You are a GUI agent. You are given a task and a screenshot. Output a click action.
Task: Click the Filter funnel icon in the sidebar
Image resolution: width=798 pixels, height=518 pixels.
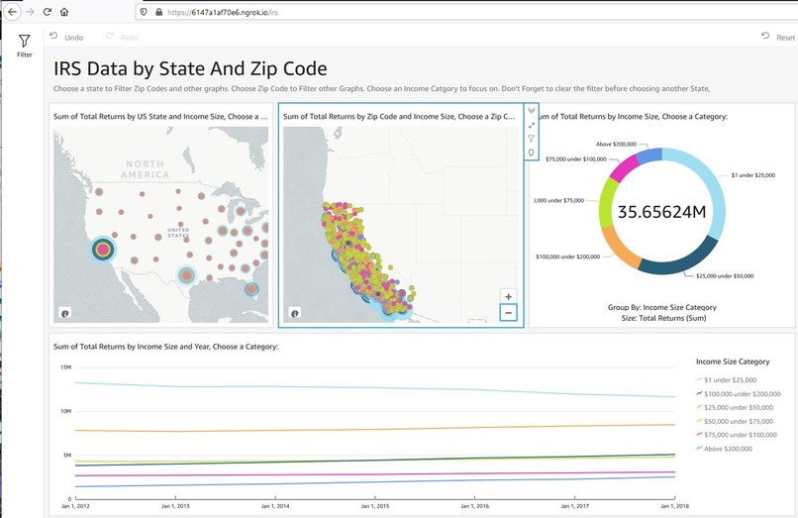coord(25,42)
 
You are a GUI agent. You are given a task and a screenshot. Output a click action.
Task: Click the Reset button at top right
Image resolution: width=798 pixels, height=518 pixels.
coord(778,37)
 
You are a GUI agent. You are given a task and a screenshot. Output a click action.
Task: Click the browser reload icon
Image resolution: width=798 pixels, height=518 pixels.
coord(47,12)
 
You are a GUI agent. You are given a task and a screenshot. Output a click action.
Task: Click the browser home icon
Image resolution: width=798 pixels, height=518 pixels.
coord(64,12)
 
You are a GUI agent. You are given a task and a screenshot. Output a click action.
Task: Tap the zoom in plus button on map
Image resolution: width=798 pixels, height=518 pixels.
coord(508,296)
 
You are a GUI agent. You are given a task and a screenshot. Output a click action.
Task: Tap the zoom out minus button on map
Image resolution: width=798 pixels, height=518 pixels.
coord(508,313)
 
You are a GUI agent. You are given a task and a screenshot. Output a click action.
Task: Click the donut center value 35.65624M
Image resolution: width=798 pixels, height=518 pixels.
coord(661,212)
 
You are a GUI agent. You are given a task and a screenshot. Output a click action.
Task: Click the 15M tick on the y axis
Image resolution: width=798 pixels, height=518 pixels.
coord(65,367)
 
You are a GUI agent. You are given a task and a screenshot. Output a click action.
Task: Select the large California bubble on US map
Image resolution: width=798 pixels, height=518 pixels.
coord(102,250)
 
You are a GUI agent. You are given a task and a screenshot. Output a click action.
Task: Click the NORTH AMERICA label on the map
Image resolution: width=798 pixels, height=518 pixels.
coord(145,168)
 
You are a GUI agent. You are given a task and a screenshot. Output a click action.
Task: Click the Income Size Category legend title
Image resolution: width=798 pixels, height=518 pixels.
coord(733,362)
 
